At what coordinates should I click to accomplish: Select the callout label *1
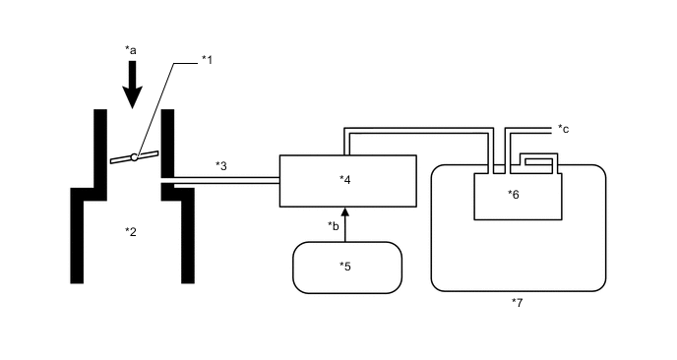207,60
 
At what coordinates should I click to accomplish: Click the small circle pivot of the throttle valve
134,157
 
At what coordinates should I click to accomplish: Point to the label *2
130,232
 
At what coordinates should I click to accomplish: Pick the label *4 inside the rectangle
344,179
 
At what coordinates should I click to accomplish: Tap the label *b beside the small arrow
334,226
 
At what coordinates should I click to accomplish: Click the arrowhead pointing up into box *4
344,211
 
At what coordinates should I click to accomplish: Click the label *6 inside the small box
513,194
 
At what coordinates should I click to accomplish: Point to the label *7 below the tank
517,302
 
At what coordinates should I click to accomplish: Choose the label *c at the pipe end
563,128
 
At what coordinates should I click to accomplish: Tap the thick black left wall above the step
99,148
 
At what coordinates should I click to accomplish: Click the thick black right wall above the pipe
167,143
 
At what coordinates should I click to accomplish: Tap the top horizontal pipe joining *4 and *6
418,128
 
